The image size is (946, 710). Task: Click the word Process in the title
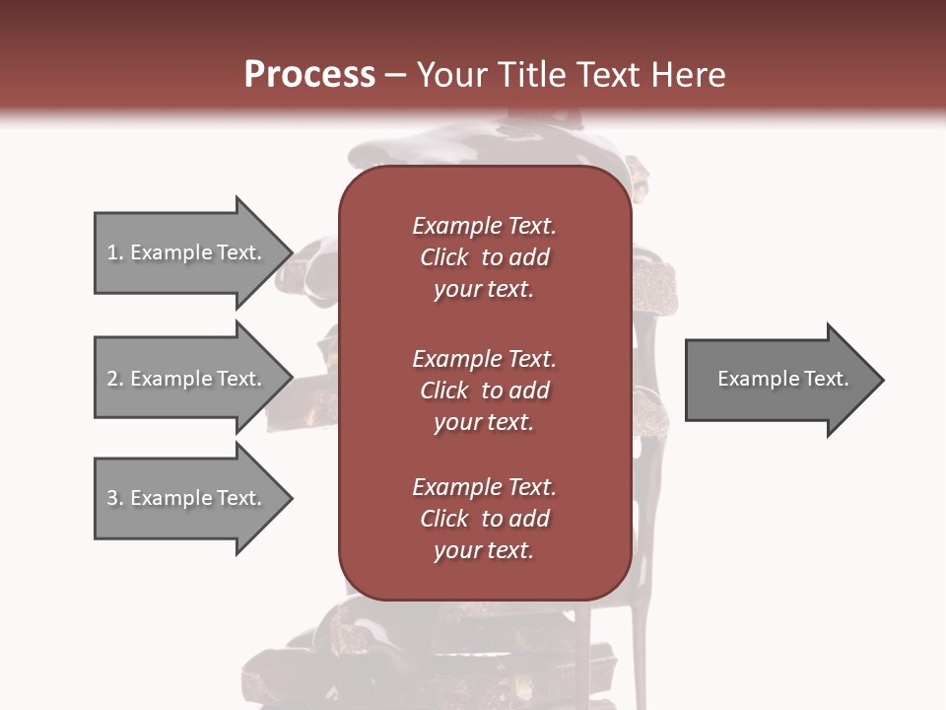pos(309,75)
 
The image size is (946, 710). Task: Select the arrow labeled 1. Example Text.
pos(184,252)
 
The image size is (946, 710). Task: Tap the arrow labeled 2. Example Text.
pos(184,379)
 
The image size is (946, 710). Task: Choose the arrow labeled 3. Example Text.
pos(184,498)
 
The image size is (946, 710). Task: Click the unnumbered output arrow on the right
pos(782,379)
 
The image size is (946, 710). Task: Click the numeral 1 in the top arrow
pos(112,252)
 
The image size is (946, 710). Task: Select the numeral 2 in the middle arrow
pos(112,379)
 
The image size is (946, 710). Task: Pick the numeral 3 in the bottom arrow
pos(112,498)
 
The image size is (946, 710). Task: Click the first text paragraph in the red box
pos(484,257)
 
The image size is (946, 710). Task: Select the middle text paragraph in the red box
pos(484,390)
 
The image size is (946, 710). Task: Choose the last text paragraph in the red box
pos(484,519)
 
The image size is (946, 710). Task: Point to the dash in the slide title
pos(395,76)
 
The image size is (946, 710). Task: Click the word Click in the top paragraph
pos(443,257)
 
